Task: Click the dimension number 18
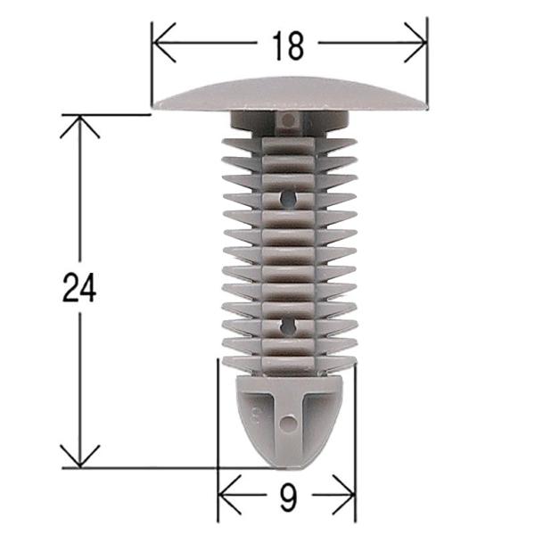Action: click(x=289, y=45)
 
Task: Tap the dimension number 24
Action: click(x=79, y=288)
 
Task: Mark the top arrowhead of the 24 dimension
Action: click(x=79, y=121)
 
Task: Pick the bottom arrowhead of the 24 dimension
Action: click(x=79, y=460)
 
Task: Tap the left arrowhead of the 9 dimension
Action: click(x=224, y=489)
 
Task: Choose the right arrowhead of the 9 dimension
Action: click(x=350, y=489)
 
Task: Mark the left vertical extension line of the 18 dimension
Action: click(x=152, y=62)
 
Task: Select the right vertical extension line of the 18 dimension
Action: click(x=427, y=62)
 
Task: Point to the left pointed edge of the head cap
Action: click(x=154, y=106)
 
